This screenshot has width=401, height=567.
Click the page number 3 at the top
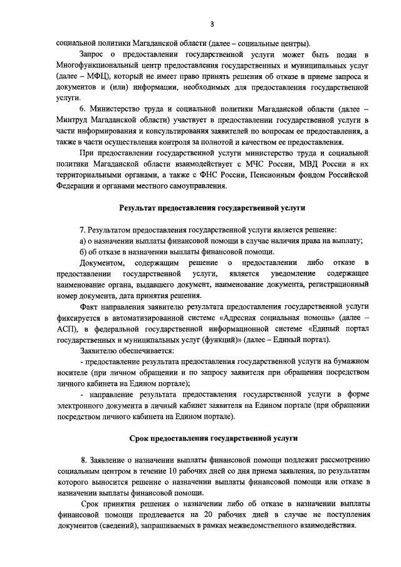pyautogui.click(x=212, y=24)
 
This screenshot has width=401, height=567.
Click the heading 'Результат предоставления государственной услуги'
pyautogui.click(x=212, y=207)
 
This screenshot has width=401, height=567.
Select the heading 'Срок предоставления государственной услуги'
pyautogui.click(x=212, y=438)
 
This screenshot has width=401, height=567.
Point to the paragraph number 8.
pyautogui.click(x=84, y=460)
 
